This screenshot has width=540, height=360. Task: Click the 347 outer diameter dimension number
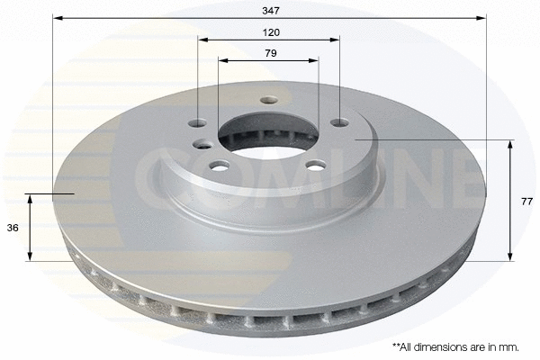click(271, 11)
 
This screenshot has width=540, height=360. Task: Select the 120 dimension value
click(271, 32)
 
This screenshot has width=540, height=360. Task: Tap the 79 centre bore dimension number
click(271, 53)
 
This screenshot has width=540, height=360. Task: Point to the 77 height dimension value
click(526, 202)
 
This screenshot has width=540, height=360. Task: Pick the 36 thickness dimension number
click(13, 228)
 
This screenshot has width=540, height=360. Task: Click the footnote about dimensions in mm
click(455, 346)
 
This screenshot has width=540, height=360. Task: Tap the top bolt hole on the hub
click(269, 100)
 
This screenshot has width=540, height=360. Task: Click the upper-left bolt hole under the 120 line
click(198, 123)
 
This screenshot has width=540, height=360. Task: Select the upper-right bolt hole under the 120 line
click(339, 122)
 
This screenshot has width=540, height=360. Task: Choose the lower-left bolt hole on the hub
click(220, 166)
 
